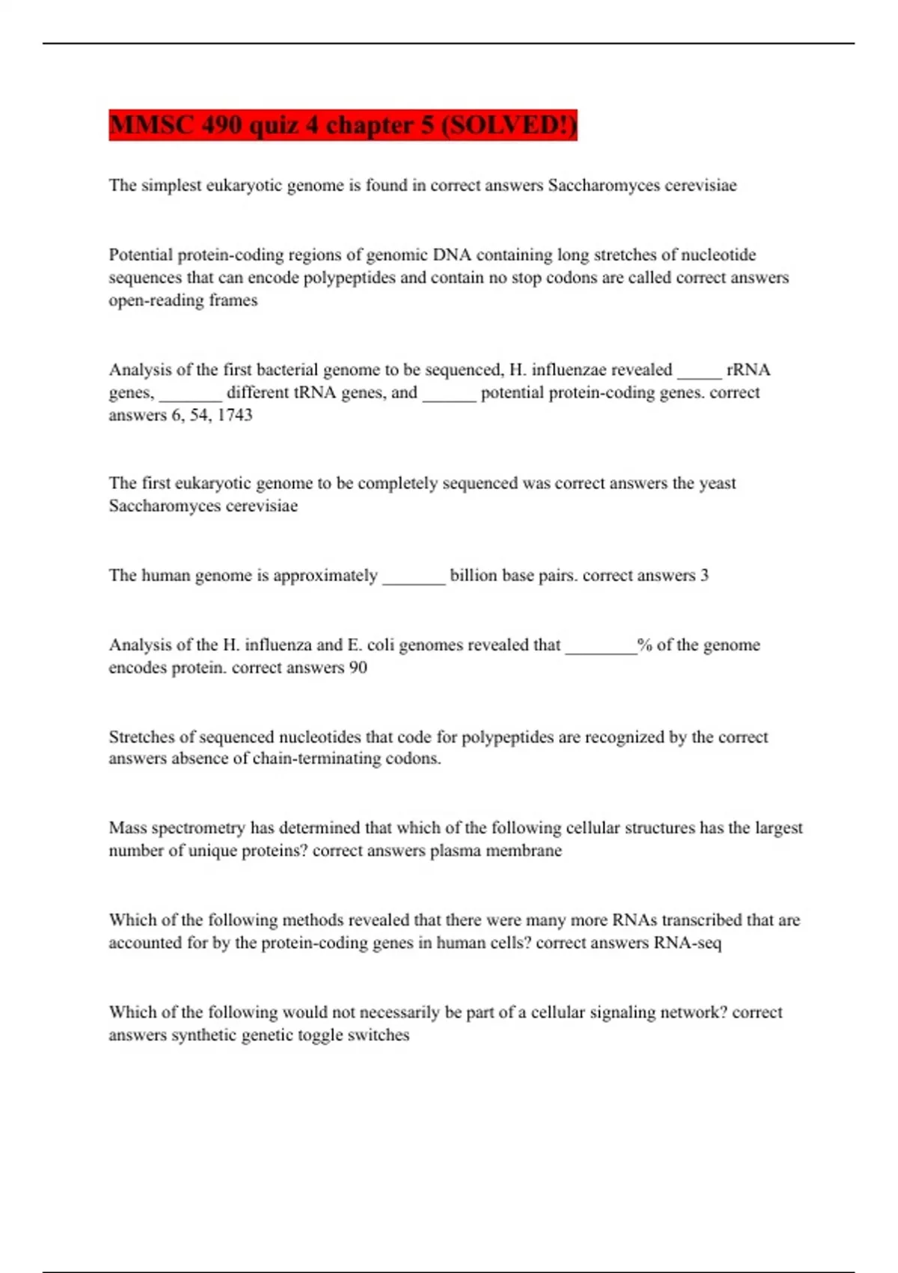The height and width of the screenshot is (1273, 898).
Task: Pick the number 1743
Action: point(235,415)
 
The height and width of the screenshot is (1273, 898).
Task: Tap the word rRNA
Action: point(748,370)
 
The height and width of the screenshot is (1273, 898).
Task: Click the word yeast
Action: point(717,483)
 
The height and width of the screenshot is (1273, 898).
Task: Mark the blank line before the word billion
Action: point(414,579)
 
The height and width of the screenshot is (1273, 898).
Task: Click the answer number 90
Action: point(358,667)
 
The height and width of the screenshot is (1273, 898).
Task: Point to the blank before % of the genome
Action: point(601,649)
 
